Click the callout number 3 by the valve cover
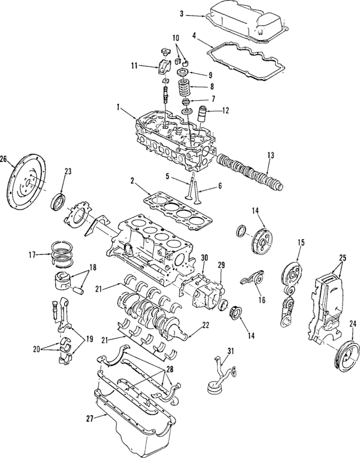(182, 13)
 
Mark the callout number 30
(204, 258)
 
